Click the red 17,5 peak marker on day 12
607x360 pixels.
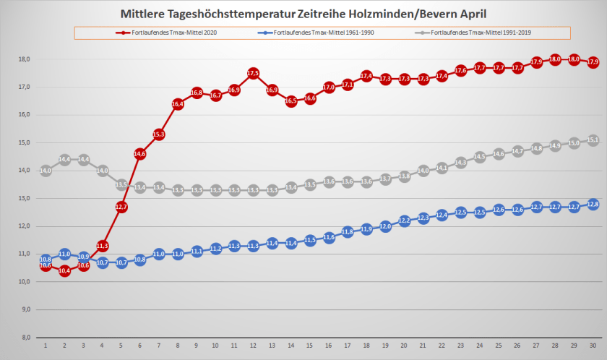253,73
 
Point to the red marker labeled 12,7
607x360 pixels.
121,207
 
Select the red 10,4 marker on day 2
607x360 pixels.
64,271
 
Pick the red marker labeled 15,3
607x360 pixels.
159,134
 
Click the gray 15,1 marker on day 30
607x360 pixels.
593,140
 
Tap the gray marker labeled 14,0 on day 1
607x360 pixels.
46,171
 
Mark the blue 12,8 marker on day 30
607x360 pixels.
593,204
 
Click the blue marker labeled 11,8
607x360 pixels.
348,231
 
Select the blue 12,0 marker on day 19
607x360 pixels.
385,226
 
